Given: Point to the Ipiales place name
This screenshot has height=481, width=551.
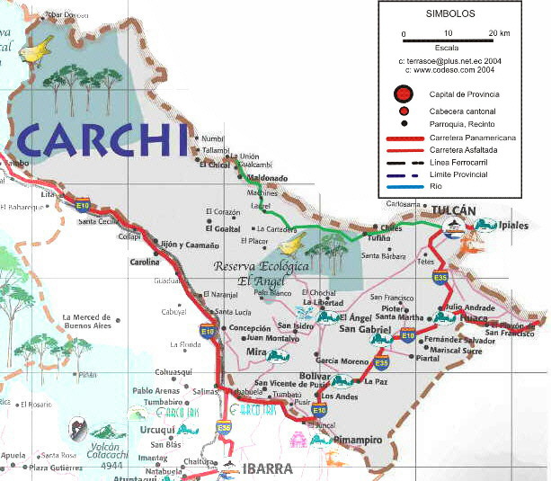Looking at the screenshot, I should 513,225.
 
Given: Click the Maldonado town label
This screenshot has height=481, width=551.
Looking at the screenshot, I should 267,178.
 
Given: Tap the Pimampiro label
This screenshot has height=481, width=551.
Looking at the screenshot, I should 357,441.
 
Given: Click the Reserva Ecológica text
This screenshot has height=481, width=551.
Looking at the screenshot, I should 261,267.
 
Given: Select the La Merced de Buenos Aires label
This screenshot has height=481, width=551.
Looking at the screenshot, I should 86,322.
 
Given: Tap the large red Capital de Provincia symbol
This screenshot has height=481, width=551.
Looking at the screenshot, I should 404,94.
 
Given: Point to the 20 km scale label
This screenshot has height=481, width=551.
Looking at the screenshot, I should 499,33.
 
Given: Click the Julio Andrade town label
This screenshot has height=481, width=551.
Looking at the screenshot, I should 470,307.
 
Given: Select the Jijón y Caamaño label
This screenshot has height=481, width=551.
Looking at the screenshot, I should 188,245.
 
